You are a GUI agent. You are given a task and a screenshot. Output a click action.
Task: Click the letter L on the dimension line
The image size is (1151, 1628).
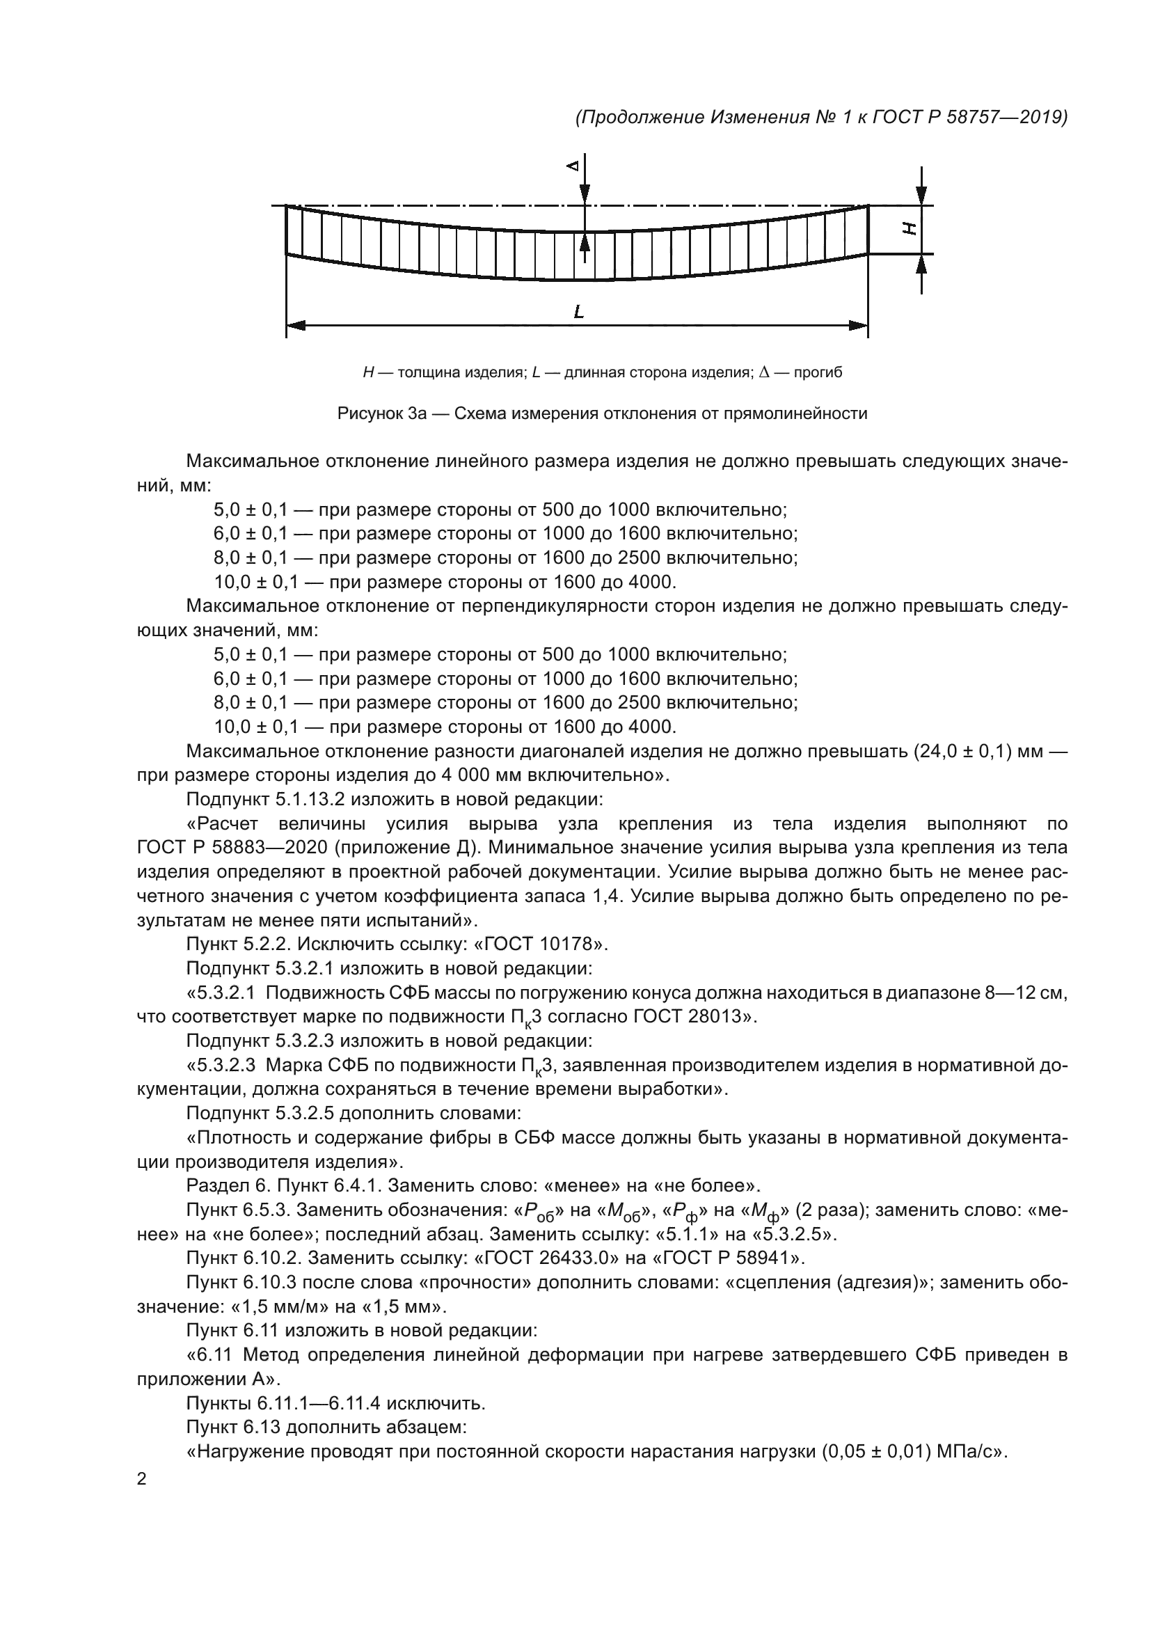click(x=579, y=311)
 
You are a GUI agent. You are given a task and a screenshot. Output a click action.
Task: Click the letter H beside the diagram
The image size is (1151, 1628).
click(x=910, y=228)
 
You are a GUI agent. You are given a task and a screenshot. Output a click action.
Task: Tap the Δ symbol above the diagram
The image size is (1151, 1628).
click(x=573, y=166)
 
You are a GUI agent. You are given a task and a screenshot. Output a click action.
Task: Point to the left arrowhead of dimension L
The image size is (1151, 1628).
click(x=296, y=326)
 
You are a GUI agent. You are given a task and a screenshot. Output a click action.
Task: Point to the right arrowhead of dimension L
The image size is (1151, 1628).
click(x=859, y=326)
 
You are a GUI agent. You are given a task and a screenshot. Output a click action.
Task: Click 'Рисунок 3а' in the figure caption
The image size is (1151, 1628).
click(x=381, y=413)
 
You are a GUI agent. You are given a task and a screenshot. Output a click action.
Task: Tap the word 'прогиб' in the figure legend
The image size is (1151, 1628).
click(x=818, y=372)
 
